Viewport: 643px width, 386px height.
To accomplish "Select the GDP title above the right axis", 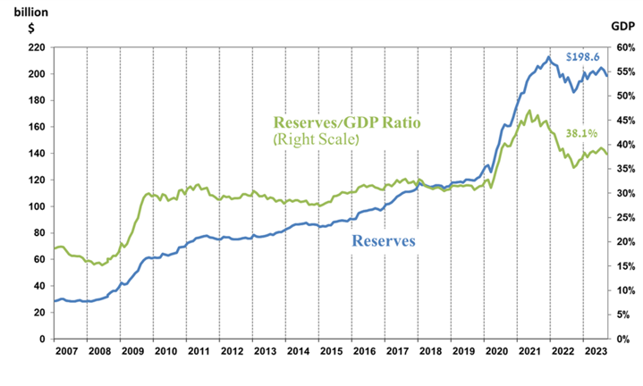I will [x=622, y=27].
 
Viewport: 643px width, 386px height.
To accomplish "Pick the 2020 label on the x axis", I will [x=495, y=352].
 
